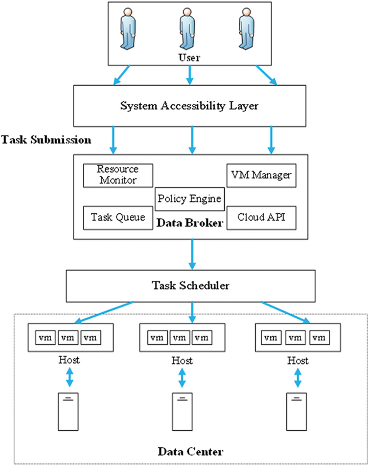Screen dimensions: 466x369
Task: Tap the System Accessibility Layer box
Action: pos(189,106)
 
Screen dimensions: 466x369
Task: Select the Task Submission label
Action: pos(46,140)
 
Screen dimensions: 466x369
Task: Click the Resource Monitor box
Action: pos(118,175)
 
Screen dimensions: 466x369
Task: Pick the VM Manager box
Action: pos(262,175)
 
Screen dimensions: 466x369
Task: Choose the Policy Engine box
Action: pos(189,199)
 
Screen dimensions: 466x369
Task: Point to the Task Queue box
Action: pos(118,217)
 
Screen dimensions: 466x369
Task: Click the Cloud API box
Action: pos(262,217)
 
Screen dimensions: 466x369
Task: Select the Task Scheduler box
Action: pos(191,286)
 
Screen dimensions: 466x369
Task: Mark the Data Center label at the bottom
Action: pos(190,451)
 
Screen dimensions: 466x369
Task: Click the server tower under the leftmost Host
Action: pos(69,411)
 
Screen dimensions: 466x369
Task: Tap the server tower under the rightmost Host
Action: pos(297,411)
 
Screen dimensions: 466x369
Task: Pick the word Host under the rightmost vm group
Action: pos(297,360)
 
